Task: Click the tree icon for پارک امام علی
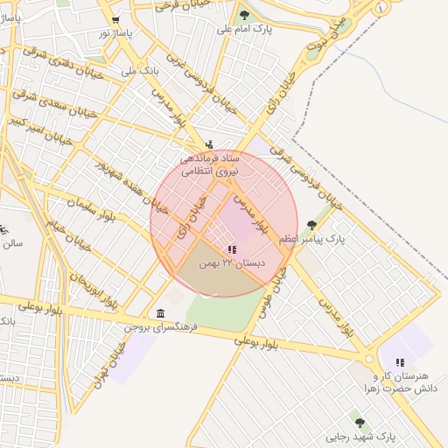[x=243, y=15]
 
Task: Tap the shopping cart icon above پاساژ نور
[x=116, y=19]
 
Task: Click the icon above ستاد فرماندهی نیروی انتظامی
[x=208, y=144]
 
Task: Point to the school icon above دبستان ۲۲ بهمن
[x=230, y=249]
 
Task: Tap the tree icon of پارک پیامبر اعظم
[x=311, y=225]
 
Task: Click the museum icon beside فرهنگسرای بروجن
[x=159, y=313]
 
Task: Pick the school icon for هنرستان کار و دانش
[x=399, y=361]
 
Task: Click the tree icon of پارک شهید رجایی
[x=360, y=423]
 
